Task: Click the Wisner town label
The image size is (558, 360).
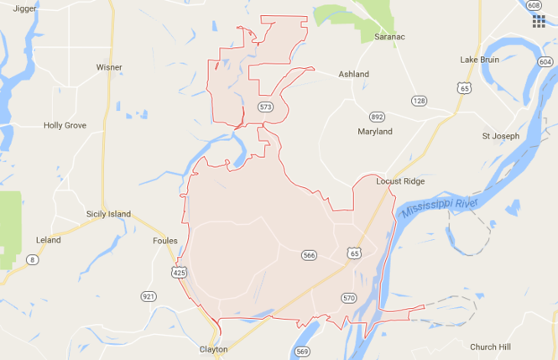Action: pyautogui.click(x=109, y=67)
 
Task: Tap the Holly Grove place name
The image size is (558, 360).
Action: pyautogui.click(x=65, y=126)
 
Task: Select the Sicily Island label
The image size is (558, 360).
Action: pyautogui.click(x=108, y=214)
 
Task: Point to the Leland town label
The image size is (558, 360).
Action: pyautogui.click(x=49, y=240)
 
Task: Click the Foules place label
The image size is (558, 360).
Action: pyautogui.click(x=165, y=241)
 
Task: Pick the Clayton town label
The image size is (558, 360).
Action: pyautogui.click(x=213, y=349)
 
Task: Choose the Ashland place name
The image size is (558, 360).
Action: pyautogui.click(x=353, y=74)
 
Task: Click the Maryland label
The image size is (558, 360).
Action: pyautogui.click(x=374, y=132)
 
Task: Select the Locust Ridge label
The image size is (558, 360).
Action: pyautogui.click(x=400, y=180)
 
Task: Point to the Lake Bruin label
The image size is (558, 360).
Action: pyautogui.click(x=480, y=60)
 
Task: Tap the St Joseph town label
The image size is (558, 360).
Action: pyautogui.click(x=500, y=136)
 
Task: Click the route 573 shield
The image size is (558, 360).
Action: pyautogui.click(x=266, y=107)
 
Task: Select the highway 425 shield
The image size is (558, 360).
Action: pyautogui.click(x=179, y=273)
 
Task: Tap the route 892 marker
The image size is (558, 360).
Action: pyautogui.click(x=377, y=116)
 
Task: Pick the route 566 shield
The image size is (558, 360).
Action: pyautogui.click(x=308, y=254)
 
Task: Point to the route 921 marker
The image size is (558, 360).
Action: pyautogui.click(x=149, y=296)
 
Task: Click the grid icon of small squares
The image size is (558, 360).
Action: pyautogui.click(x=538, y=21)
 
